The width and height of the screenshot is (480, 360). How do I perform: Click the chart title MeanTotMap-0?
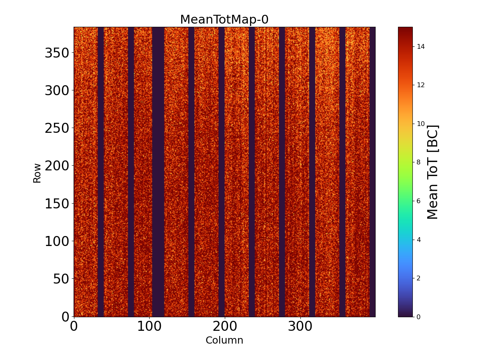pyautogui.click(x=224, y=20)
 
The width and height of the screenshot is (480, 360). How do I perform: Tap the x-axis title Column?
pyautogui.click(x=224, y=340)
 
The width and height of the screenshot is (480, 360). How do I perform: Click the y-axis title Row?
pyautogui.click(x=37, y=173)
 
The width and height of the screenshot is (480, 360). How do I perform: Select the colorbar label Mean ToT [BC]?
pyautogui.click(x=433, y=172)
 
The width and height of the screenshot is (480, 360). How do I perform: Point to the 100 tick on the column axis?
pyautogui.click(x=149, y=326)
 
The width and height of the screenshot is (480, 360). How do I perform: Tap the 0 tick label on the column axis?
pyautogui.click(x=74, y=326)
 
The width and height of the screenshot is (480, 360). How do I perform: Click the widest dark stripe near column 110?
pyautogui.click(x=158, y=172)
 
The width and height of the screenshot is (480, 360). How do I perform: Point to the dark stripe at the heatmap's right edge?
pyautogui.click(x=372, y=172)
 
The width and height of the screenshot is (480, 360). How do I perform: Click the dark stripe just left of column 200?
pyautogui.click(x=222, y=172)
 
